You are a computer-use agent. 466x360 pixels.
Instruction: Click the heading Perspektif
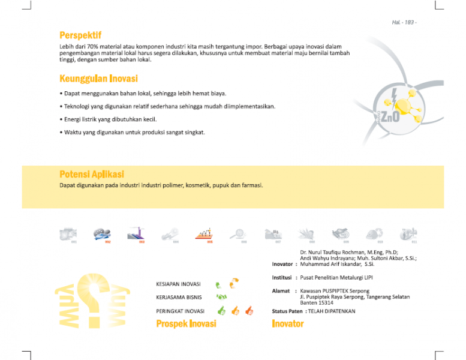(80, 35)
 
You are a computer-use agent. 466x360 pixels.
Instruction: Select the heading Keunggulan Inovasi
(98, 79)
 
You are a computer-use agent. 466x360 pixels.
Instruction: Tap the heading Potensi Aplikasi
(92, 174)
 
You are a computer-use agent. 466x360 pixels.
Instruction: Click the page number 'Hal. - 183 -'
(404, 22)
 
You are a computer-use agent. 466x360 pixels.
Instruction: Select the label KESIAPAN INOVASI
(179, 284)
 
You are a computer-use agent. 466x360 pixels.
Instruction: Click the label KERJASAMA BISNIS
(179, 297)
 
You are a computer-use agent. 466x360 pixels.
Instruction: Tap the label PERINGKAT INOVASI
(180, 311)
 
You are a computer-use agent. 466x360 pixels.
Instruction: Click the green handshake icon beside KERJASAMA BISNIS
(221, 297)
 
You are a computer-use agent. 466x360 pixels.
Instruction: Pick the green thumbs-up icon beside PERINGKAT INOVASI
(221, 311)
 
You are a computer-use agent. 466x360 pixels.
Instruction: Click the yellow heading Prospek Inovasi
(186, 324)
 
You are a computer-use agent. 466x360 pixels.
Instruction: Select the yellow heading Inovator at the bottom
(288, 324)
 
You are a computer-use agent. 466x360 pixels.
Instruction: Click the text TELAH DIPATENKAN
(332, 311)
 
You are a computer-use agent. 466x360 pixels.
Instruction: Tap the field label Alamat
(281, 291)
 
